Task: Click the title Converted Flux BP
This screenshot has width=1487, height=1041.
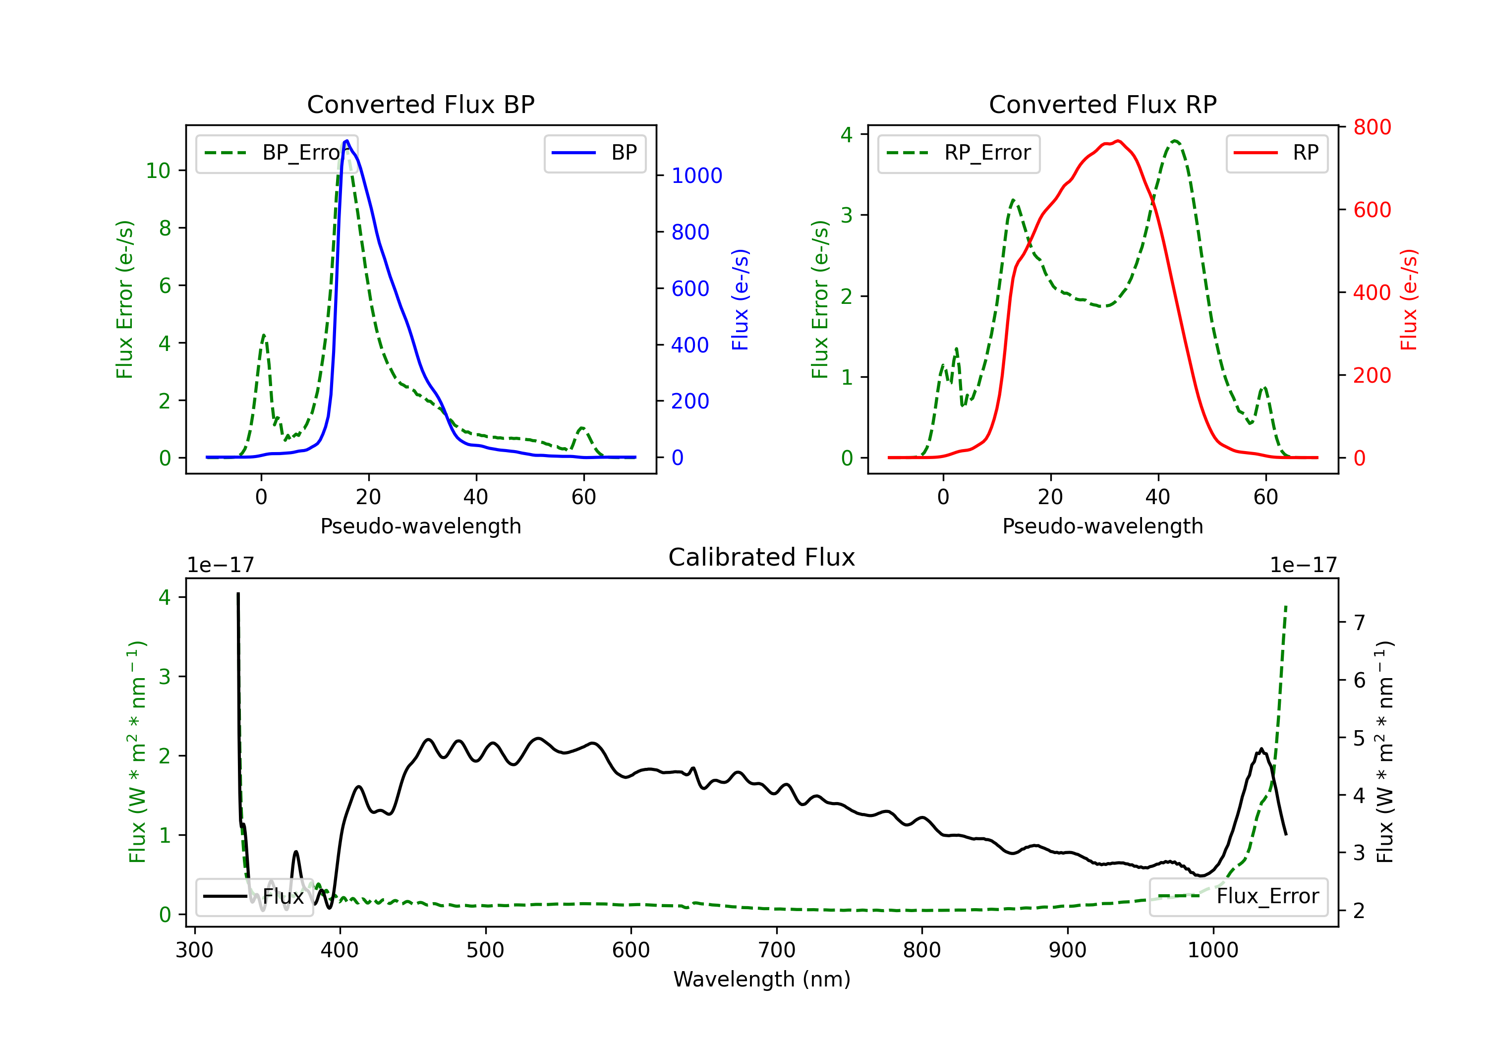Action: click(x=420, y=104)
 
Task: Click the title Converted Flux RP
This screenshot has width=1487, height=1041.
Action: click(x=1102, y=104)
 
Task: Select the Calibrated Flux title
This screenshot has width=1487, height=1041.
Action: click(x=762, y=557)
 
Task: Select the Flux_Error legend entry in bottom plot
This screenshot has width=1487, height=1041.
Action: click(x=1238, y=897)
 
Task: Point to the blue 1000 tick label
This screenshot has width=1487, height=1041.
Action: click(x=697, y=175)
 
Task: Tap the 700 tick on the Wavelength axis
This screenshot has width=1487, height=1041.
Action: click(x=777, y=950)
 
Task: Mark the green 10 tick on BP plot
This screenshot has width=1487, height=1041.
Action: click(x=158, y=171)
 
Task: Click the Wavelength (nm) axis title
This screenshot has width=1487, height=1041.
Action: click(x=762, y=980)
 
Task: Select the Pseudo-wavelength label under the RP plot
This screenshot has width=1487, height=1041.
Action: click(x=1102, y=526)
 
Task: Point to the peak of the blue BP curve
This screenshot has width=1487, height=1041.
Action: click(x=347, y=141)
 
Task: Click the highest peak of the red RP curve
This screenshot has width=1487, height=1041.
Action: click(x=1118, y=141)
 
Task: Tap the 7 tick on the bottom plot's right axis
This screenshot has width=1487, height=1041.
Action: click(x=1360, y=623)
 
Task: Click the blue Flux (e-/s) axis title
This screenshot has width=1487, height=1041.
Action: click(x=740, y=299)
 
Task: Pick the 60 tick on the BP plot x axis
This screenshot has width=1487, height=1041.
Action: click(x=583, y=497)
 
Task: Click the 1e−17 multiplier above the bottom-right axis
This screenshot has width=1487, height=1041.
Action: click(x=1303, y=565)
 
